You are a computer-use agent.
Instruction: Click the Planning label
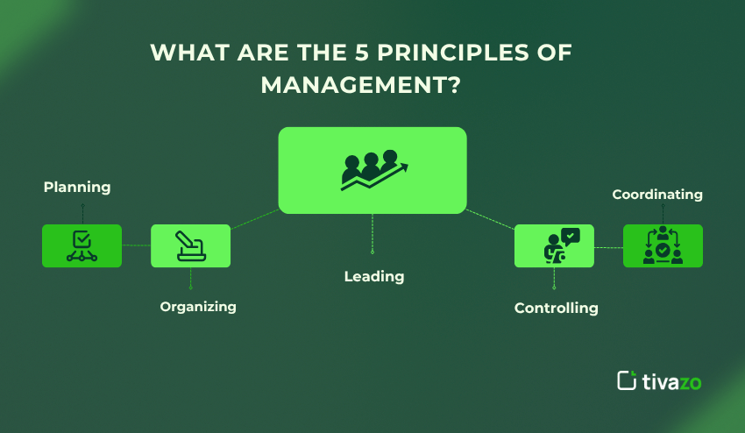pyautogui.click(x=77, y=187)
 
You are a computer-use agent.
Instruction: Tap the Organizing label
pyautogui.click(x=198, y=307)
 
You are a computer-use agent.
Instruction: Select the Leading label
pyautogui.click(x=374, y=276)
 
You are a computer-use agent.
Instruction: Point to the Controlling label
pyautogui.click(x=556, y=308)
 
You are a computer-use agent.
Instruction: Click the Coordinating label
pyautogui.click(x=657, y=194)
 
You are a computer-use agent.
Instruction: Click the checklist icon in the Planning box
pyautogui.click(x=82, y=246)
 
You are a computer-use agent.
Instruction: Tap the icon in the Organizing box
pyautogui.click(x=190, y=246)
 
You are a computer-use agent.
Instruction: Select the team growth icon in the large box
pyautogui.click(x=372, y=170)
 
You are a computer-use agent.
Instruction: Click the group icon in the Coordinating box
pyautogui.click(x=663, y=246)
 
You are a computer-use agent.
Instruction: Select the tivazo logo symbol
pyautogui.click(x=626, y=380)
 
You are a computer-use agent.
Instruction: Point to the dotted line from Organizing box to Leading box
pyautogui.click(x=254, y=218)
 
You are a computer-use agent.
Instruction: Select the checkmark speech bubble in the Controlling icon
pyautogui.click(x=571, y=235)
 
